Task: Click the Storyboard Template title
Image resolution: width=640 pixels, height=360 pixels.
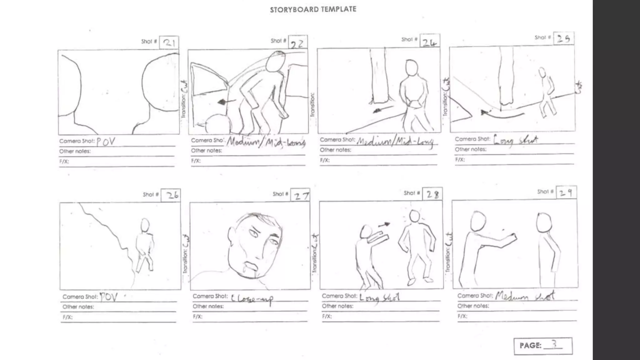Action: point(313,10)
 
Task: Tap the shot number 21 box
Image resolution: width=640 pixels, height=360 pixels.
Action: point(169,42)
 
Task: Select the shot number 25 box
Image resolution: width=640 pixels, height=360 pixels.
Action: point(563,38)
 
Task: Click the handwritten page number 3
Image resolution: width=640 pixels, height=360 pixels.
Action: point(554,344)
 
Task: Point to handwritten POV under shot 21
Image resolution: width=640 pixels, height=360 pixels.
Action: point(106,142)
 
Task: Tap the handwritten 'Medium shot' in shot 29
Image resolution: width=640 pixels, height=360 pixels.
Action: point(525,296)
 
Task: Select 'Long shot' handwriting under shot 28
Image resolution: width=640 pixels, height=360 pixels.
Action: point(379,297)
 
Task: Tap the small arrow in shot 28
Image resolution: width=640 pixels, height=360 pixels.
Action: point(384,224)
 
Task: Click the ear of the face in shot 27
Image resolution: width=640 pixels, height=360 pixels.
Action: point(232,235)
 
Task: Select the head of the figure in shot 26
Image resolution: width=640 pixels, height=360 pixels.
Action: point(145,225)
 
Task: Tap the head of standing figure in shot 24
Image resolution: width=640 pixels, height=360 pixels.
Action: point(412,67)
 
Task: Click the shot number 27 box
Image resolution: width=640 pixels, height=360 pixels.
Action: point(300,195)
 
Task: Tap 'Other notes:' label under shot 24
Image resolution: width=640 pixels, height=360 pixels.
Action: point(335,150)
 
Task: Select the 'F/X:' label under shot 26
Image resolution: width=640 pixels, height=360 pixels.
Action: point(67,317)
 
